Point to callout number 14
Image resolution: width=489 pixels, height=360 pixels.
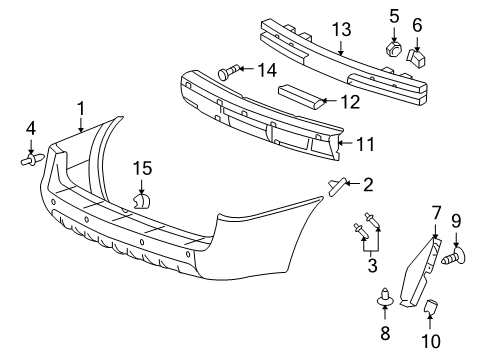[x=265, y=70]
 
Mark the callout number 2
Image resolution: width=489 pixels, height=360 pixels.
[x=368, y=184]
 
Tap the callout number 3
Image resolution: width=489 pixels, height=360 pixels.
[x=371, y=267]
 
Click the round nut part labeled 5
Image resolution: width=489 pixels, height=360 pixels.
[x=393, y=46]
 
